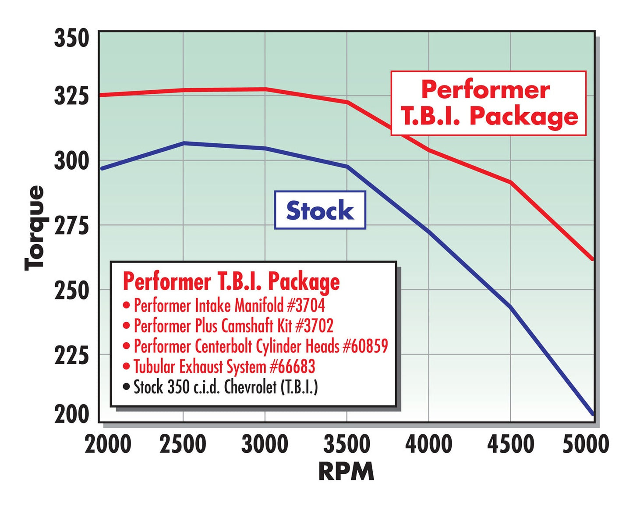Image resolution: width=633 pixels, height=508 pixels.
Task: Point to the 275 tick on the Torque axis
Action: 71,225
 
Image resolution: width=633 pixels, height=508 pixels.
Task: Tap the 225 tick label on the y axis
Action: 71,355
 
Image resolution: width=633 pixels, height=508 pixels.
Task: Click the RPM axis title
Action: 346,472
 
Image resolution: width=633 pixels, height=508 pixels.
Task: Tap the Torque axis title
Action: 35,228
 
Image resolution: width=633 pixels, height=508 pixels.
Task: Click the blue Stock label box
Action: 320,210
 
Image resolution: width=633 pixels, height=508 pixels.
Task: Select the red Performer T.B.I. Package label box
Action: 488,103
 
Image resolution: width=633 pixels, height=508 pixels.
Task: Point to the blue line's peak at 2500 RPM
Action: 184,143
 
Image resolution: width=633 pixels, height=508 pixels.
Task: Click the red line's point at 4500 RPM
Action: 510,182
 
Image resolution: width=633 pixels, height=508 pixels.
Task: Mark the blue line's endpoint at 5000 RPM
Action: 592,413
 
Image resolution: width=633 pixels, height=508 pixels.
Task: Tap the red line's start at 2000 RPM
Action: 101,95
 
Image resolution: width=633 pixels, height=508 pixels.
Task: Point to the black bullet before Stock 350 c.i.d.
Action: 127,387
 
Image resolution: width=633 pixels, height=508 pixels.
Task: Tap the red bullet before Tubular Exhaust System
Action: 127,366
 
